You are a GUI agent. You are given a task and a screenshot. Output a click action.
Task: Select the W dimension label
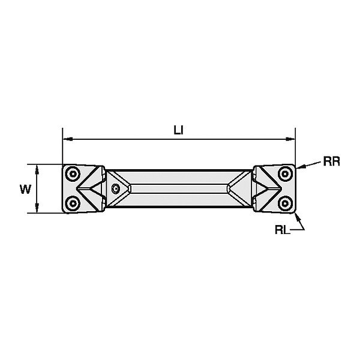(25, 189)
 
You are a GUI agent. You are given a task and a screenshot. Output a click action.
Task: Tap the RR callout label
(331, 161)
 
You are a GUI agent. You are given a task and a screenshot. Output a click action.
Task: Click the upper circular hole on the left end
(73, 173)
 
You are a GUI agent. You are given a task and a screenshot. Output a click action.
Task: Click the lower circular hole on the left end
(73, 203)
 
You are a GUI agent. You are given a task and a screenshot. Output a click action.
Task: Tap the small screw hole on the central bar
(116, 188)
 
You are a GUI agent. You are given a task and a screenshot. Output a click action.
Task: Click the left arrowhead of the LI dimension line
(66, 139)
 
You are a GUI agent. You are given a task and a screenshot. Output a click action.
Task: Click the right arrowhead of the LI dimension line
(292, 139)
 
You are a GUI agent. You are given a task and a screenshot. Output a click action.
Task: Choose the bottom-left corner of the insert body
(63, 213)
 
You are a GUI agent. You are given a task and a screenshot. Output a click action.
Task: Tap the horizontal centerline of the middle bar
(179, 188)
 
